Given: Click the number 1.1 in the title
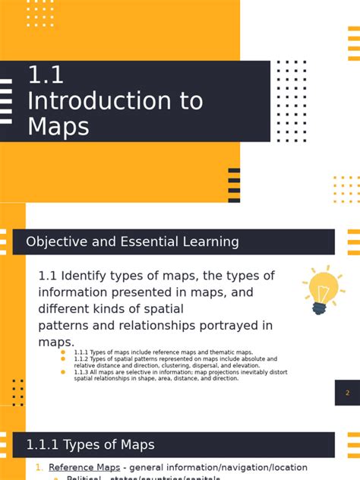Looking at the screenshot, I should pyautogui.click(x=46, y=75).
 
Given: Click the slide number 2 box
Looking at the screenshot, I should pyautogui.click(x=347, y=393).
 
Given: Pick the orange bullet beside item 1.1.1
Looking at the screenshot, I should pyautogui.click(x=63, y=352).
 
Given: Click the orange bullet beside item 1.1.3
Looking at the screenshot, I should pyautogui.click(x=63, y=372).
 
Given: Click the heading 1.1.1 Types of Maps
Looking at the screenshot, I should pyautogui.click(x=90, y=445).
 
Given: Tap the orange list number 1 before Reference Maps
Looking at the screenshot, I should pyautogui.click(x=39, y=467).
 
